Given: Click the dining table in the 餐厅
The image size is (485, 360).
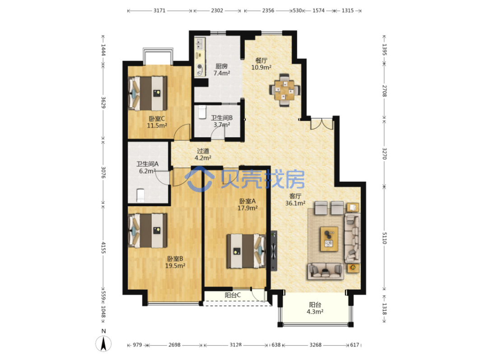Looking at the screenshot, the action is pos(284,90).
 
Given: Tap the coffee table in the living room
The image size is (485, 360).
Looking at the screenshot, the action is pos(329,239).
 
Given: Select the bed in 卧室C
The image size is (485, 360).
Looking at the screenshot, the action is pos(148,93).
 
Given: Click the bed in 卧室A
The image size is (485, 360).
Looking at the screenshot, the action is pos(246,251).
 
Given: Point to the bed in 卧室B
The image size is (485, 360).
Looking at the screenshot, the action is pos(148,231).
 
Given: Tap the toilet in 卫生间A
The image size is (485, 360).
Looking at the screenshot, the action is pos(140,195).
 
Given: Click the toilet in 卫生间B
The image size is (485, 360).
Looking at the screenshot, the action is pos(202,112).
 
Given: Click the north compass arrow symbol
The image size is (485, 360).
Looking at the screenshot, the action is pos(103,343).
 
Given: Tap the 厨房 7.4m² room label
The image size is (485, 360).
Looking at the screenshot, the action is pos(221,69).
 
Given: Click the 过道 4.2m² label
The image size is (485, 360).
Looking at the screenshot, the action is pos(203,154).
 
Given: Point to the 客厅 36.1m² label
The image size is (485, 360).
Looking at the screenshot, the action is pos(295,199).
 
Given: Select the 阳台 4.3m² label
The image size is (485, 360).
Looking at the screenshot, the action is pos(315,308).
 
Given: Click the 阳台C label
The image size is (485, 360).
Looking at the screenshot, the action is pos(233,295).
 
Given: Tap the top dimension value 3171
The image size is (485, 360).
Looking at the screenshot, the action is pos(159,10).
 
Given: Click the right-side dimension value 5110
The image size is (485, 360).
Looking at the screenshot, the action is pos(384,238).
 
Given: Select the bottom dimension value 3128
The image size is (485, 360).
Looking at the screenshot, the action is pos(236,345).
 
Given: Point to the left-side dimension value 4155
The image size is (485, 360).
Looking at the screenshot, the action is pos(103,248).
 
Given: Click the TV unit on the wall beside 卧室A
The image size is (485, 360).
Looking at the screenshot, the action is pos(274,251).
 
